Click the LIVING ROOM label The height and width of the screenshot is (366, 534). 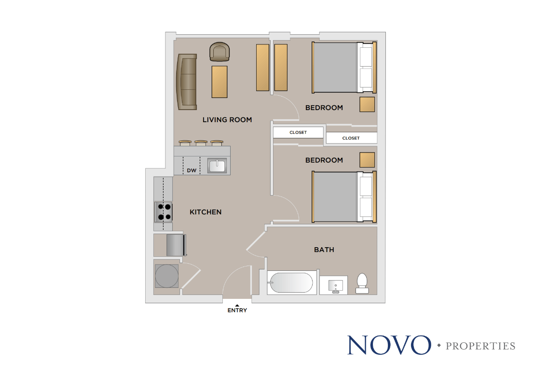pyautogui.click(x=227, y=120)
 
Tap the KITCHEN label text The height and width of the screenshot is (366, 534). pyautogui.click(x=205, y=212)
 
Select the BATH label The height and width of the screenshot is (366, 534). pyautogui.click(x=324, y=250)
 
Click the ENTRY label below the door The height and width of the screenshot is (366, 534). pyautogui.click(x=237, y=310)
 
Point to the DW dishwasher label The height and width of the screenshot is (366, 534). pyautogui.click(x=192, y=170)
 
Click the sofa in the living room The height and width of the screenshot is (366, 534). pyautogui.click(x=187, y=82)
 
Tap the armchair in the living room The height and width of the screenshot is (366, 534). pyautogui.click(x=219, y=52)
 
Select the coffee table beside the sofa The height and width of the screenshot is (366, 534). pyautogui.click(x=219, y=82)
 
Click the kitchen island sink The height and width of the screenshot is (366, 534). pyautogui.click(x=217, y=166)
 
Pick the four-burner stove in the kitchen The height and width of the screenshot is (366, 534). pyautogui.click(x=164, y=212)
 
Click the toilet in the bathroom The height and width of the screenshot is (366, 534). pyautogui.click(x=362, y=283)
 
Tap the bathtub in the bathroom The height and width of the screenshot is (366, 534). pyautogui.click(x=291, y=283)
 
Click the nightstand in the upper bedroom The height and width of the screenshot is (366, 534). pyautogui.click(x=367, y=104)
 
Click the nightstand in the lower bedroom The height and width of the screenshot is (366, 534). pyautogui.click(x=367, y=160)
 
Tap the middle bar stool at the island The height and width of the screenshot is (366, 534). pyautogui.click(x=201, y=143)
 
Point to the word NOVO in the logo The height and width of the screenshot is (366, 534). pyautogui.click(x=389, y=345)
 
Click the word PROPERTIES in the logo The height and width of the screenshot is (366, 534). pyautogui.click(x=480, y=346)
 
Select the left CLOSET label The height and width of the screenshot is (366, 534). pyautogui.click(x=298, y=132)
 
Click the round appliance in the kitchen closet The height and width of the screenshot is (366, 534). pyautogui.click(x=166, y=276)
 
